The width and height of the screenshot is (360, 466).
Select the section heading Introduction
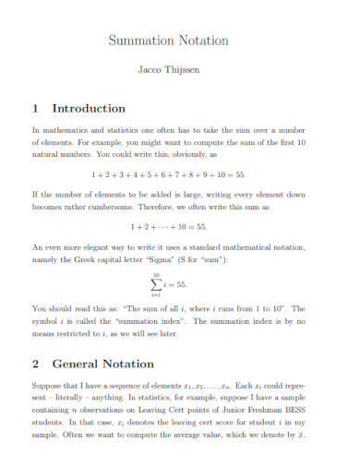coord(89,108)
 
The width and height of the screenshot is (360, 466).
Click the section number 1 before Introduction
coord(37,108)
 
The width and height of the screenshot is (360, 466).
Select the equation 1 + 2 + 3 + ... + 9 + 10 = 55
coord(168,174)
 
